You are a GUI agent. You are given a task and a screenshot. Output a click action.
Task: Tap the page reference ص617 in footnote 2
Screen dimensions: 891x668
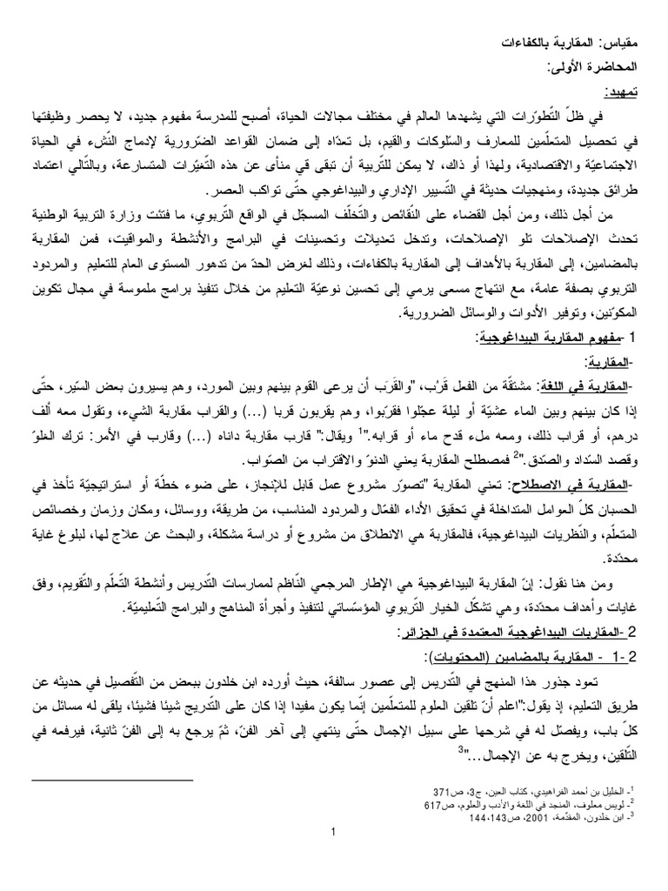(430, 806)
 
